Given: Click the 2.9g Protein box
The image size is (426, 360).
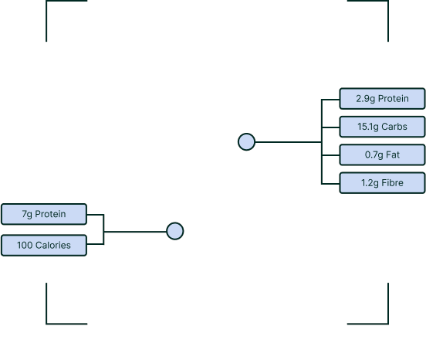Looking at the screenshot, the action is pyautogui.click(x=382, y=98).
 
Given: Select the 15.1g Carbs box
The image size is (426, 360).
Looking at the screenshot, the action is pyautogui.click(x=382, y=127).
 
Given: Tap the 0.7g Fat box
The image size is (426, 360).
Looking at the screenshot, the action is pyautogui.click(x=382, y=155).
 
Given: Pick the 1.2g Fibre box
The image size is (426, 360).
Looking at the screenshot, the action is pyautogui.click(x=382, y=183).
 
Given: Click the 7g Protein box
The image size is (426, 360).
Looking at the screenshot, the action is pyautogui.click(x=44, y=214).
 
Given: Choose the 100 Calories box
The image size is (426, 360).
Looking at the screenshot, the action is pyautogui.click(x=44, y=245).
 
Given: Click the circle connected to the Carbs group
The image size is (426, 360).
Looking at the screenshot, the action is pyautogui.click(x=246, y=141).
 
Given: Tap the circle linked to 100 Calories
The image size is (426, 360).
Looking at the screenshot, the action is pyautogui.click(x=175, y=231).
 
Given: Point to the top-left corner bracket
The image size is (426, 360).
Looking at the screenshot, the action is pyautogui.click(x=47, y=2).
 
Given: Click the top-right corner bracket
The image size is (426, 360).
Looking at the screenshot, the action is pyautogui.click(x=387, y=2).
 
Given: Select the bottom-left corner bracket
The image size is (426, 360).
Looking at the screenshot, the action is pyautogui.click(x=47, y=323).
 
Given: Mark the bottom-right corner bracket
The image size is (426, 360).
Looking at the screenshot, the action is pyautogui.click(x=387, y=323).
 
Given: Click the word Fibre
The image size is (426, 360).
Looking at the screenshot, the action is pyautogui.click(x=392, y=183).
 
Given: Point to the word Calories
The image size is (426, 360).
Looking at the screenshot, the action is pyautogui.click(x=53, y=245).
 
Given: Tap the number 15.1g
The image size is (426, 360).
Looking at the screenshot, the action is pyautogui.click(x=368, y=127).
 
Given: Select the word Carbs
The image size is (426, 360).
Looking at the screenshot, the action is pyautogui.click(x=394, y=127).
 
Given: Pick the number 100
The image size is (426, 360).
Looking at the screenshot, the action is pyautogui.click(x=25, y=245).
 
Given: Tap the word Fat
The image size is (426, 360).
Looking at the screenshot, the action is pyautogui.click(x=393, y=155).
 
